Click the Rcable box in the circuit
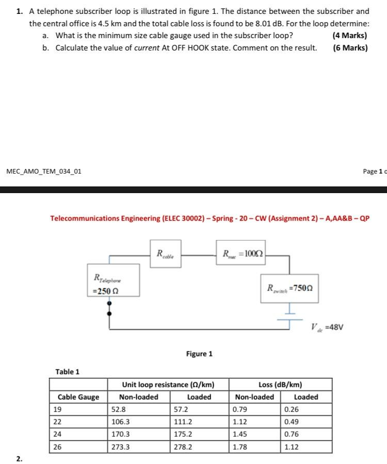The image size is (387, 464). tap(165, 253)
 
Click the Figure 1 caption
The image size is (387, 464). tap(199, 354)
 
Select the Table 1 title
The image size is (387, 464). tap(68, 372)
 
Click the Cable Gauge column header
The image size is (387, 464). tap(78, 397)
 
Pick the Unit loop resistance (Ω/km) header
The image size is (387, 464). tap(168, 385)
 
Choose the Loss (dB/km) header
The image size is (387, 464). tap(280, 385)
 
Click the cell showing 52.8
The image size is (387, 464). tap(119, 409)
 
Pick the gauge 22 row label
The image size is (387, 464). tap(57, 422)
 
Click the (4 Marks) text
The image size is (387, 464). tap(350, 36)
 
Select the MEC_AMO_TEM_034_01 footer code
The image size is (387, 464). tap(44, 171)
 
